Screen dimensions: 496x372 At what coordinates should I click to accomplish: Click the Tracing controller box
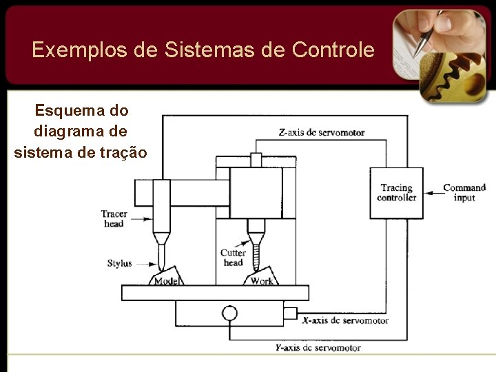pos(396,193)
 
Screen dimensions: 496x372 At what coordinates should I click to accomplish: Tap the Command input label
pos(464,192)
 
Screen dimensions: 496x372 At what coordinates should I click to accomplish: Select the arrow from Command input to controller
pos(432,193)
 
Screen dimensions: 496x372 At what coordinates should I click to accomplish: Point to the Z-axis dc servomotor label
pos(322,132)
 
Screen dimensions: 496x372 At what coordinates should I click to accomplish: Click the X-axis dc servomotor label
pos(345,320)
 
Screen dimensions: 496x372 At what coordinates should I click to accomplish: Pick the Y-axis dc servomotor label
pos(318,348)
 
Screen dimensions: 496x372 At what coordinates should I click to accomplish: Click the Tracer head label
pos(114,218)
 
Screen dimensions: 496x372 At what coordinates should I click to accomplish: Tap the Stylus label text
pos(119,263)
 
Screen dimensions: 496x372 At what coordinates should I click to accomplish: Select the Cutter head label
pos(233,258)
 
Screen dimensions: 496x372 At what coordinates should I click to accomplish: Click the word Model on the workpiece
pos(167,280)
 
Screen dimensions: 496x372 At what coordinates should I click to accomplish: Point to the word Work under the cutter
pos(262,280)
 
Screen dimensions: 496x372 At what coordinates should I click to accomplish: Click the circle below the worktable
pos(229,313)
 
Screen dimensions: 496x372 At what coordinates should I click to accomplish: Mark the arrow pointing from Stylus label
pos(144,263)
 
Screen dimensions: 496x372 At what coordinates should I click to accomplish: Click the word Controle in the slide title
pos(333,50)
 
